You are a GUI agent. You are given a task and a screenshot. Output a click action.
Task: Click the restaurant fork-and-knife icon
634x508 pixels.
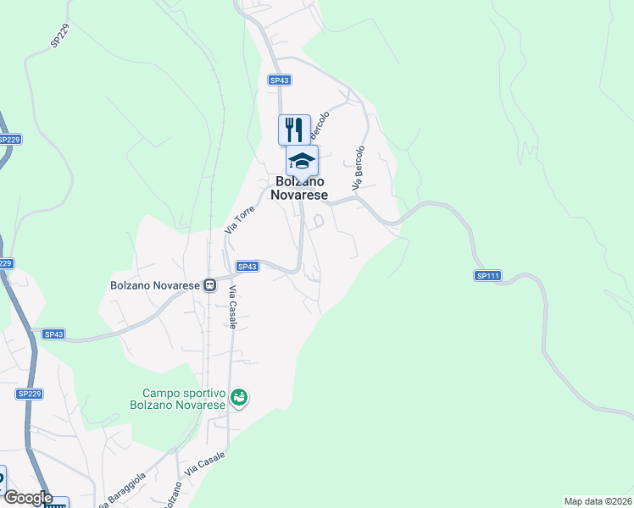pyautogui.click(x=294, y=130)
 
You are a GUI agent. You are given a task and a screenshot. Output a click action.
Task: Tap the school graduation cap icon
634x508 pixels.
pyautogui.click(x=302, y=160)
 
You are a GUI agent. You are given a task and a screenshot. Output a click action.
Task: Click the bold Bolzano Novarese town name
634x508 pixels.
pyautogui.click(x=299, y=188)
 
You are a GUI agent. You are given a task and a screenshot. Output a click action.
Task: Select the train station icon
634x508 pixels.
pyautogui.click(x=209, y=285)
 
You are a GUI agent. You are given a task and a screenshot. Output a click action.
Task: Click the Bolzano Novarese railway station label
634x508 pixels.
pyautogui.click(x=155, y=285)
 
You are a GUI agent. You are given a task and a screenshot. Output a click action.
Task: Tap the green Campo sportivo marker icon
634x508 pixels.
pyautogui.click(x=239, y=396)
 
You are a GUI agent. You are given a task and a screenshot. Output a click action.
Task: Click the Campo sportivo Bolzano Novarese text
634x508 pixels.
pyautogui.click(x=183, y=399)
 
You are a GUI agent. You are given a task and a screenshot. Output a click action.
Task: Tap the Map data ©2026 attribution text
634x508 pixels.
pyautogui.click(x=598, y=501)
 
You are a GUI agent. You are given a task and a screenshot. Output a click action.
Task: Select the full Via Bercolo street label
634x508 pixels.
pyautogui.click(x=359, y=168)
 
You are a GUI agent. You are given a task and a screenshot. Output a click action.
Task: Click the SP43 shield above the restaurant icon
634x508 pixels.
pyautogui.click(x=280, y=80)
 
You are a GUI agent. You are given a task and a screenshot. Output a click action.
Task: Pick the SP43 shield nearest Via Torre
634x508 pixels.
pyautogui.click(x=247, y=267)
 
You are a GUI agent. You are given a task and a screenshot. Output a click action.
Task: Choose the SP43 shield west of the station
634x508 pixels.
pyautogui.click(x=53, y=334)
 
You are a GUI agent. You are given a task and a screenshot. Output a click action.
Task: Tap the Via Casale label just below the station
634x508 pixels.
pyautogui.click(x=232, y=306)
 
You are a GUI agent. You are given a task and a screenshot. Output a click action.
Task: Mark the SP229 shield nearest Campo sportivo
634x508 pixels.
pyautogui.click(x=29, y=394)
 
